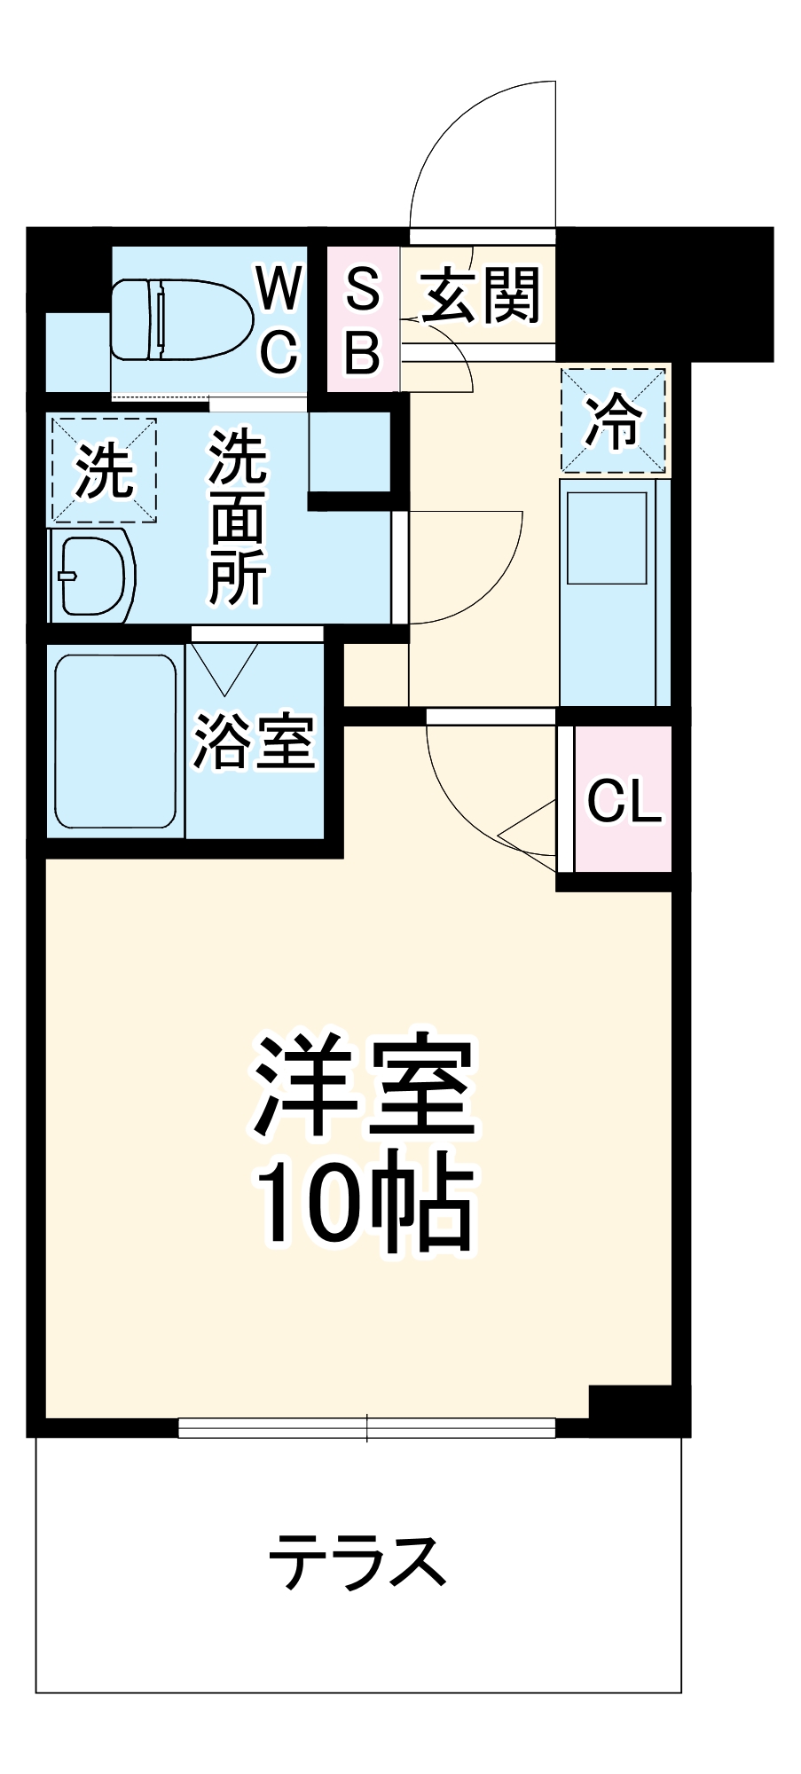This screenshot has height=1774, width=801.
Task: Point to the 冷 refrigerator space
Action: point(613,420)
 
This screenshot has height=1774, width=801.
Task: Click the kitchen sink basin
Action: point(607,538)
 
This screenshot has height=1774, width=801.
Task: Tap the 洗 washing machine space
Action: point(104,470)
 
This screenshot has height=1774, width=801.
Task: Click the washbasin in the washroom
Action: point(91,577)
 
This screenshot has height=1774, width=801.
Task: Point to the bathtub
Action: point(115,741)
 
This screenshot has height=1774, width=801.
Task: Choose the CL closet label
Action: point(624,801)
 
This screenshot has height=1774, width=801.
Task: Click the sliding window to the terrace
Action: point(366,1427)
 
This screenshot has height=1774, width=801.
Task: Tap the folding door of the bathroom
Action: point(225,665)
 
